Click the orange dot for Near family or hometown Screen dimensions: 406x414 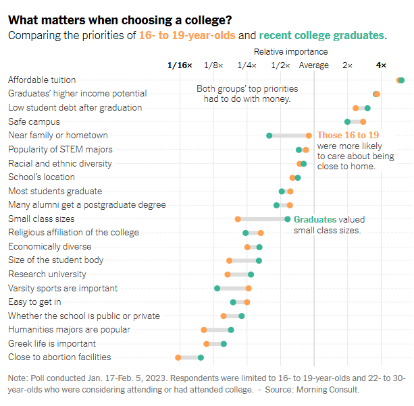[x=309, y=136]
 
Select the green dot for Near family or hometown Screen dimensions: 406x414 [x=269, y=136]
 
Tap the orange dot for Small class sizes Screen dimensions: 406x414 [x=238, y=219]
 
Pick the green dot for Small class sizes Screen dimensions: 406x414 [x=288, y=219]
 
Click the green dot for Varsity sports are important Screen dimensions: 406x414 [x=217, y=289]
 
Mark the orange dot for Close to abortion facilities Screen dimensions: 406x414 [x=178, y=357]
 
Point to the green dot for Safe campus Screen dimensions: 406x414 [x=347, y=122]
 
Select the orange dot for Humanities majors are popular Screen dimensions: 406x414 [x=203, y=330]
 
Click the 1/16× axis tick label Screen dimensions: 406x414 [x=180, y=65]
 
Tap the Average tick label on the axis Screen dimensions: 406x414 [x=314, y=65]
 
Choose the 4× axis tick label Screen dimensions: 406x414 [x=382, y=65]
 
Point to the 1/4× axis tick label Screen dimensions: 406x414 [x=247, y=65]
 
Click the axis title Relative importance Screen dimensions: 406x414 [x=291, y=51]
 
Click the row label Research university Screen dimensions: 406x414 [x=47, y=274]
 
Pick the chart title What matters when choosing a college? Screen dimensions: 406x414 [x=118, y=20]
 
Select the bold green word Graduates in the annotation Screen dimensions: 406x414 [x=315, y=219]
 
